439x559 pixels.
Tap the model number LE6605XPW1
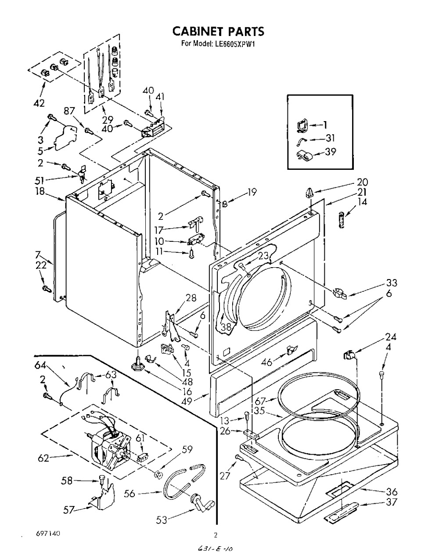pos(234,44)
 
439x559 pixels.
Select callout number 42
pos(39,103)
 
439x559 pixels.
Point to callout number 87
pos(69,111)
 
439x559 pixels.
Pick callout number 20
pos(362,182)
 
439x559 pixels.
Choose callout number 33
pos(392,283)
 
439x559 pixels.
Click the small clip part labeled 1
pos(302,125)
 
